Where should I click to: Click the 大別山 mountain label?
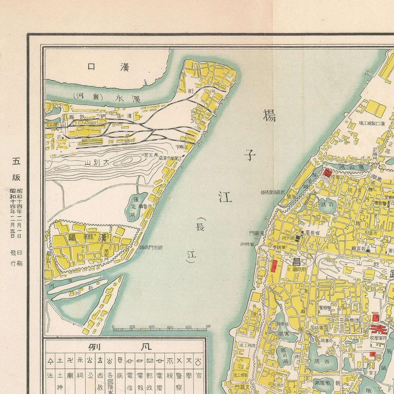click(x=98, y=162)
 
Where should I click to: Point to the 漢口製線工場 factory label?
click(x=372, y=124)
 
